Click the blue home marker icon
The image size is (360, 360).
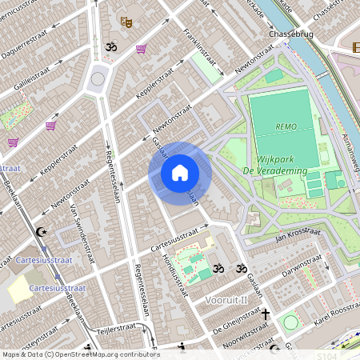click(x=180, y=173)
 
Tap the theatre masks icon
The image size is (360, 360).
click(x=126, y=22)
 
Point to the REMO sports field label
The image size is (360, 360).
click(x=286, y=126)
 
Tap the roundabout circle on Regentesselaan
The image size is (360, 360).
click(x=99, y=78)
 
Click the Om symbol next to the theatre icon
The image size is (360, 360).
click(x=110, y=48)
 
